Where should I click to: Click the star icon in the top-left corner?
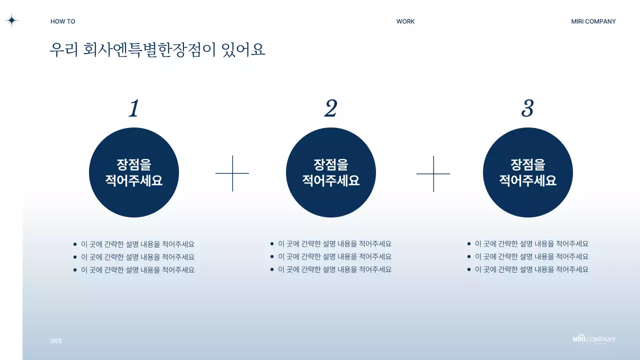pyautogui.click(x=11, y=20)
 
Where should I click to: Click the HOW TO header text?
pyautogui.click(x=63, y=21)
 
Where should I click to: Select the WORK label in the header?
pyautogui.click(x=405, y=21)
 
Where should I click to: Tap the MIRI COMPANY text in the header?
pyautogui.click(x=593, y=21)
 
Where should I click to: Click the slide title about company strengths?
pyautogui.click(x=157, y=49)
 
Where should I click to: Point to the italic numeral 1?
pyautogui.click(x=133, y=108)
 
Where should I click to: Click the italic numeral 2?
pyautogui.click(x=330, y=108)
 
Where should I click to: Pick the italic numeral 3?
pyautogui.click(x=527, y=108)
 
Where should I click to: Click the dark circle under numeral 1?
pyautogui.click(x=134, y=172)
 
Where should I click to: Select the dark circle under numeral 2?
pyautogui.click(x=331, y=172)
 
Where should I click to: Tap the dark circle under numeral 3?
pyautogui.click(x=528, y=172)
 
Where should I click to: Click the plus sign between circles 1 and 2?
pyautogui.click(x=232, y=173)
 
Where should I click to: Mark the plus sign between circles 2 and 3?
pyautogui.click(x=433, y=173)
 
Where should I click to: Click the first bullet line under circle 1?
pyautogui.click(x=137, y=244)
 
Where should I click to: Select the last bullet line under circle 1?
pyautogui.click(x=137, y=270)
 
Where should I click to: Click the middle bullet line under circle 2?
pyautogui.click(x=334, y=256)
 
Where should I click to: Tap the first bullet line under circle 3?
pyautogui.click(x=531, y=244)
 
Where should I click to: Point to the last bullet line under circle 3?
pyautogui.click(x=531, y=269)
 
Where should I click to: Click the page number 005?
pyautogui.click(x=56, y=341)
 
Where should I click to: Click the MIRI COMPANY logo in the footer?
pyautogui.click(x=594, y=339)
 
